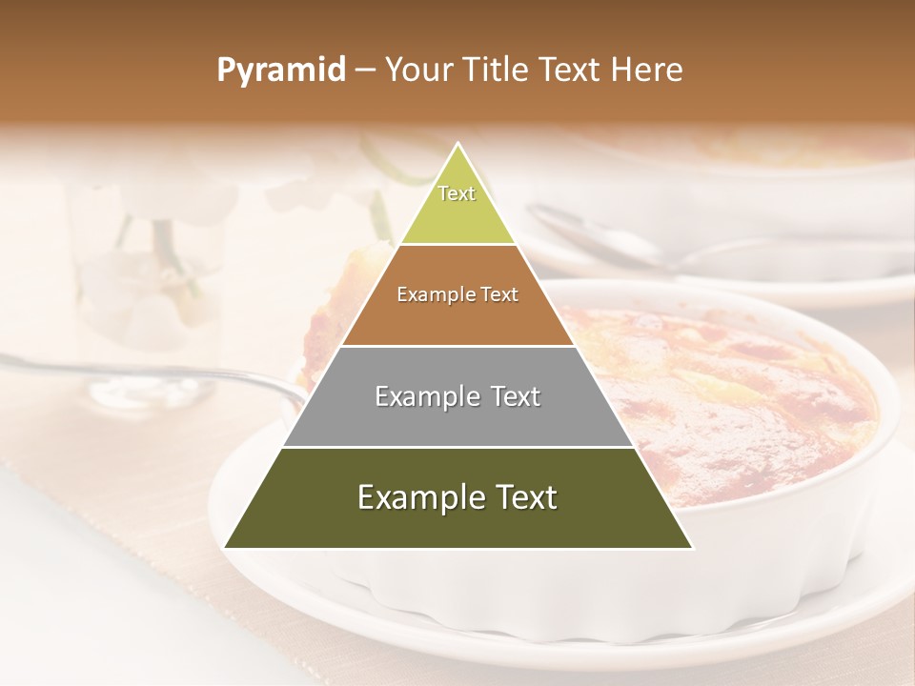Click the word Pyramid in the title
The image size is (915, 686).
(281, 71)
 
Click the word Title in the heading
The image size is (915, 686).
(496, 71)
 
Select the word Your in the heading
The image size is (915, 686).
(419, 71)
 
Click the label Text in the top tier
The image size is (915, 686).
(457, 193)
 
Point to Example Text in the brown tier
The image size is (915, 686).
(457, 294)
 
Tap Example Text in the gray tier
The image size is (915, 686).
(457, 396)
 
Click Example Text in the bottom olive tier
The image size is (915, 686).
(457, 497)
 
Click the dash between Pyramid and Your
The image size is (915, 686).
(365, 71)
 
